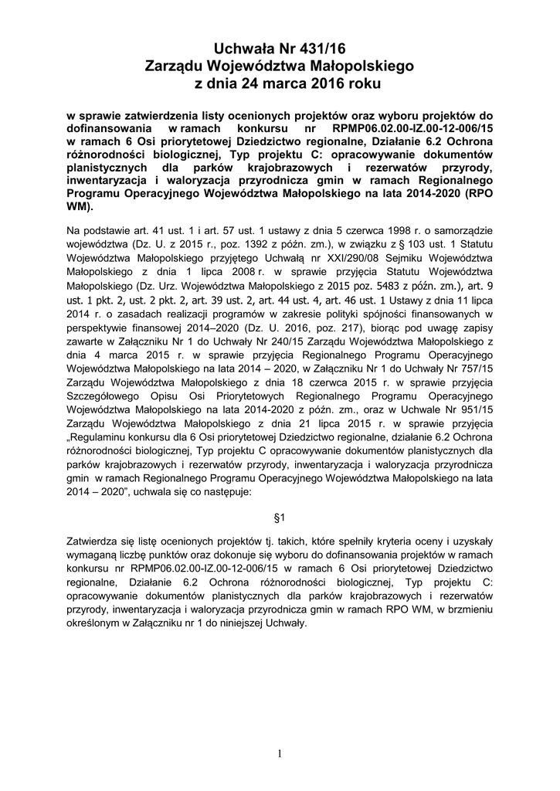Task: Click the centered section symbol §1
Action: click(x=280, y=516)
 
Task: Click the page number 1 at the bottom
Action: click(x=280, y=754)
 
